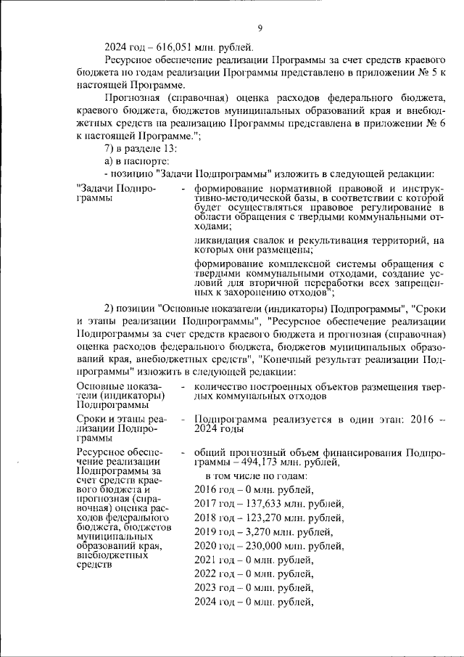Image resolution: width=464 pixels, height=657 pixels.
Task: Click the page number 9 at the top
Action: (x=259, y=28)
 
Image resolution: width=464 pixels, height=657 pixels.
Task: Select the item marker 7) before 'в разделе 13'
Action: (x=110, y=148)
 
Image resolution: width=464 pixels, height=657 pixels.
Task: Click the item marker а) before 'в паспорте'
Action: (x=109, y=160)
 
